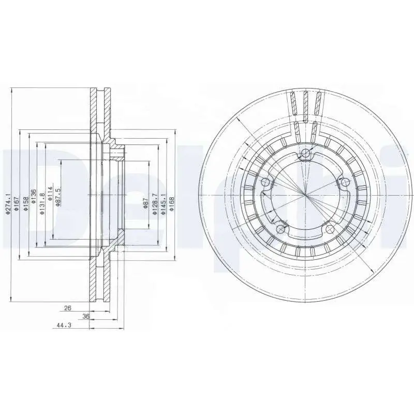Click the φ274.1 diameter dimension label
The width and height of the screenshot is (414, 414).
(x=8, y=203)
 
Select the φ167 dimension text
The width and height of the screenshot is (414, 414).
(x=16, y=203)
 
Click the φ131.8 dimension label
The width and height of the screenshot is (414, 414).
(x=41, y=199)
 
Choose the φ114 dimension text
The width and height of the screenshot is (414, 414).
(x=50, y=194)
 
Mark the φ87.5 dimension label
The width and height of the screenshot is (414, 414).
(x=58, y=196)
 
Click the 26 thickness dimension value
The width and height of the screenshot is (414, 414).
(x=67, y=308)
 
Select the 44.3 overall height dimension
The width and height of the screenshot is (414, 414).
(x=64, y=326)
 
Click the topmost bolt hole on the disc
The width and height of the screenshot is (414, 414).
(x=306, y=153)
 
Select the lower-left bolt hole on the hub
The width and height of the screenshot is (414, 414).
(x=281, y=228)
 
